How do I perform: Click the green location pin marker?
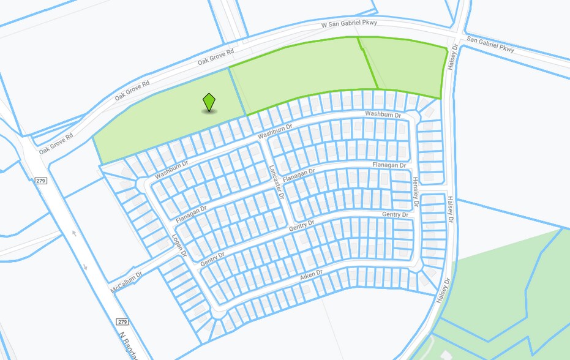pyautogui.click(x=209, y=102)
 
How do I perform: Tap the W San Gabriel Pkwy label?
pyautogui.click(x=350, y=24)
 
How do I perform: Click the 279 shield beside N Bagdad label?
pyautogui.click(x=121, y=321)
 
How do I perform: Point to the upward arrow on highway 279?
pyautogui.click(x=74, y=233)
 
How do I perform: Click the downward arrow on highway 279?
pyautogui.click(x=85, y=267)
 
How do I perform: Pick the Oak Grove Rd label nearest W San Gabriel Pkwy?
pyautogui.click(x=216, y=58)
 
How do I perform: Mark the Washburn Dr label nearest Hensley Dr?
pyautogui.click(x=383, y=114)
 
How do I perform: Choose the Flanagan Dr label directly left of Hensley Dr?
pyautogui.click(x=389, y=165)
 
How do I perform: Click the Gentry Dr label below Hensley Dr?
pyautogui.click(x=395, y=214)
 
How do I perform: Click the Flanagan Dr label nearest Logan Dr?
pyautogui.click(x=191, y=213)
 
